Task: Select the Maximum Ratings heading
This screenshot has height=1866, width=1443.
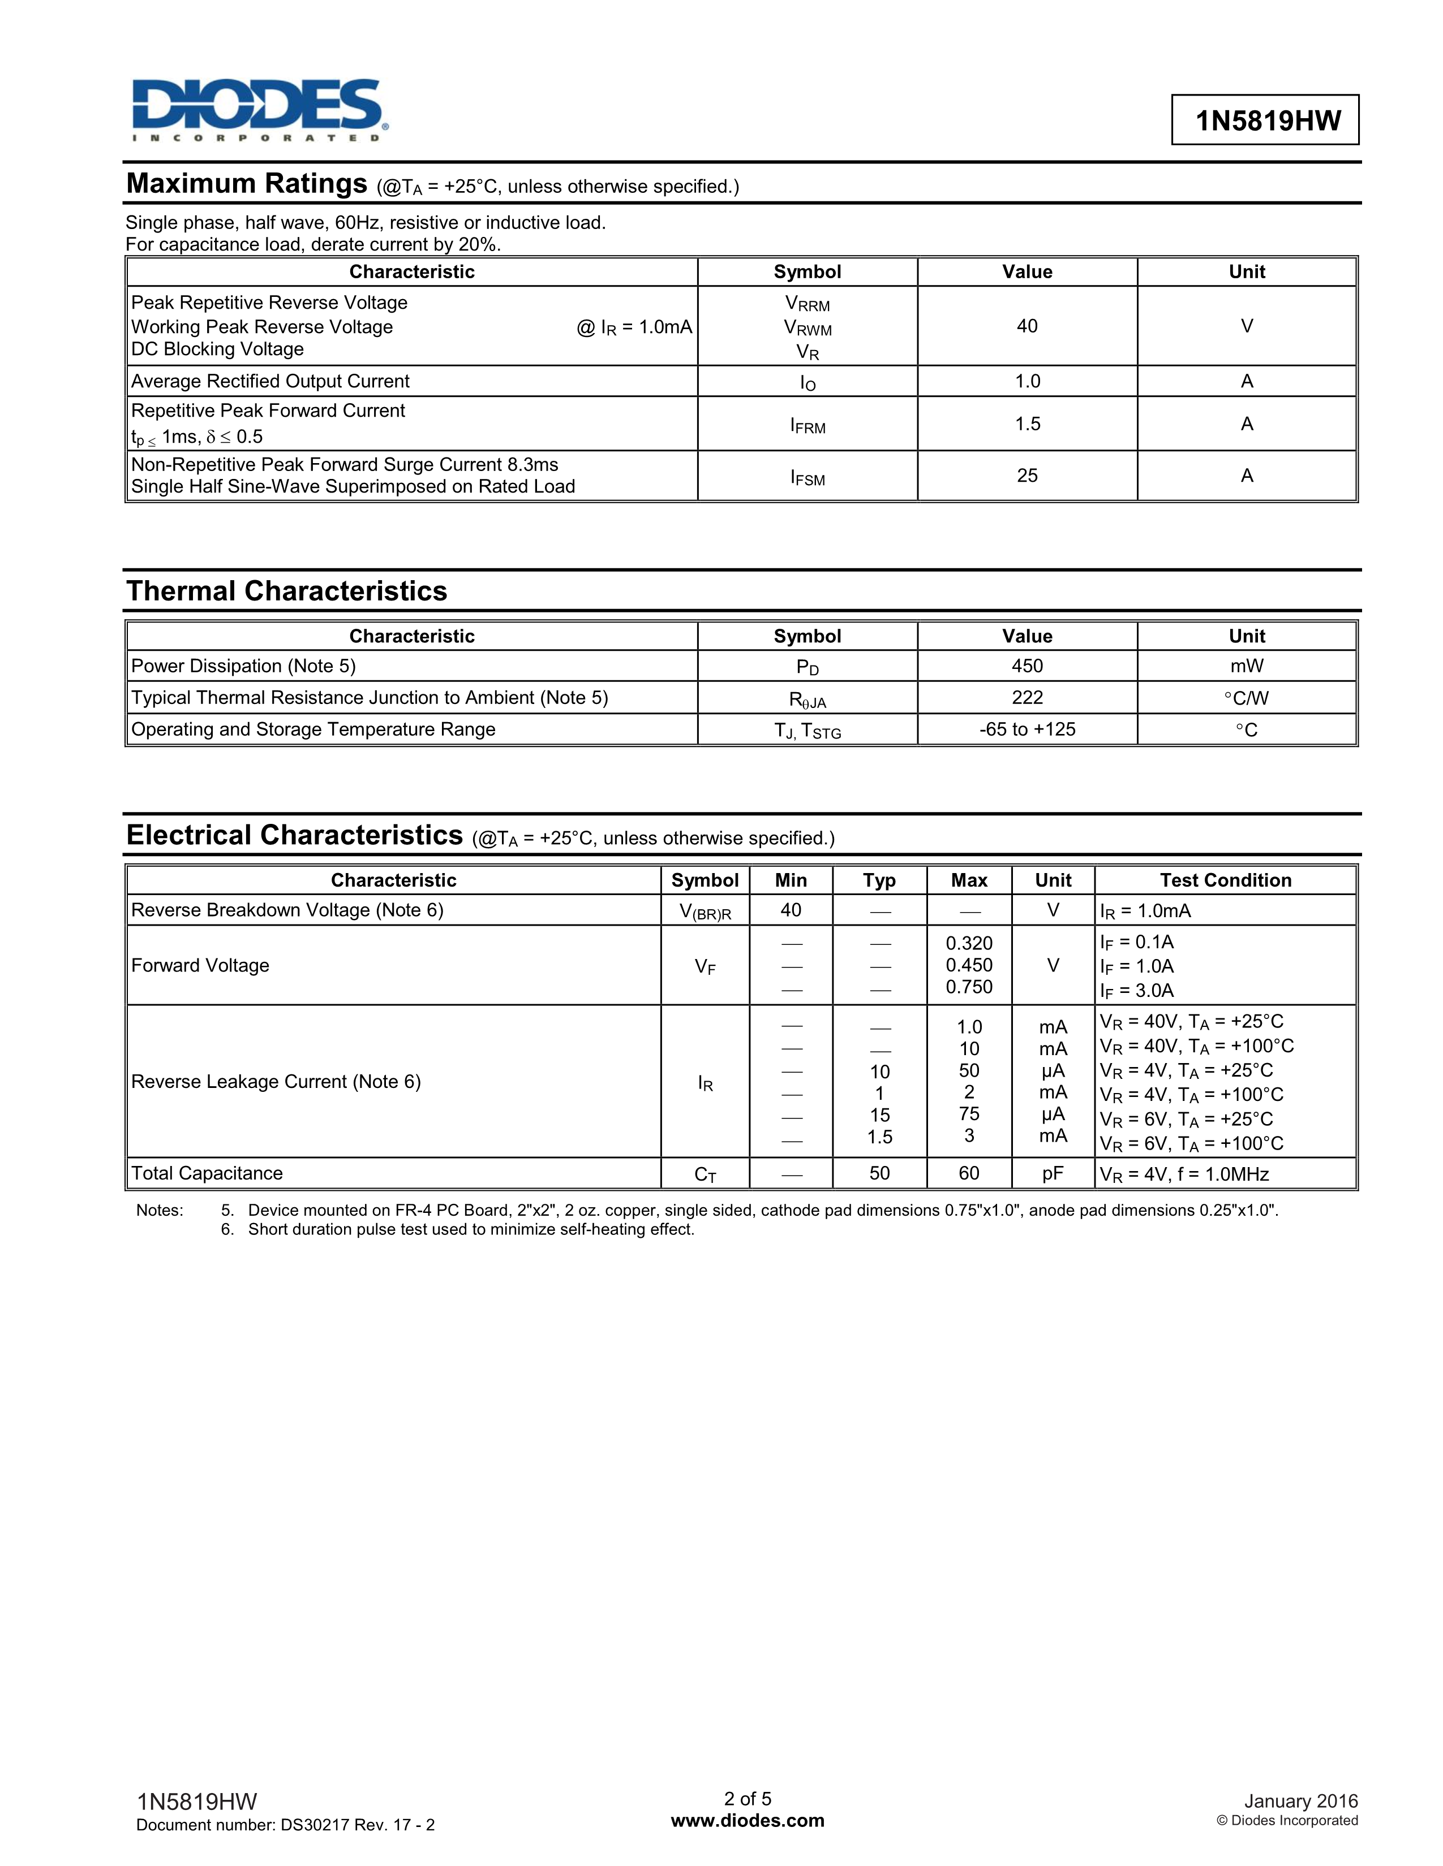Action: click(x=247, y=184)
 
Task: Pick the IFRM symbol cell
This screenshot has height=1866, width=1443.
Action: click(x=807, y=425)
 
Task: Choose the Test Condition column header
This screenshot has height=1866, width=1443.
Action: click(x=1225, y=880)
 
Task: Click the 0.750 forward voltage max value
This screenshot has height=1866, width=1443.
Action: click(x=969, y=987)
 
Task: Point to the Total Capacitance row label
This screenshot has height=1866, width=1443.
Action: click(x=207, y=1173)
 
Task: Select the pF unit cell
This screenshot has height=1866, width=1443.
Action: click(x=1053, y=1173)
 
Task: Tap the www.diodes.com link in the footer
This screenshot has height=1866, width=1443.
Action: click(x=747, y=1821)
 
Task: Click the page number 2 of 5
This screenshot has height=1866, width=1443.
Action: click(x=747, y=1799)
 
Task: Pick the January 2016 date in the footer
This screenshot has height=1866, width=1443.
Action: click(x=1300, y=1801)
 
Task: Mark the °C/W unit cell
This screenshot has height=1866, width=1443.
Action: click(x=1247, y=698)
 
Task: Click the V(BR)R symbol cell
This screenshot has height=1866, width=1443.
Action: click(x=705, y=912)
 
